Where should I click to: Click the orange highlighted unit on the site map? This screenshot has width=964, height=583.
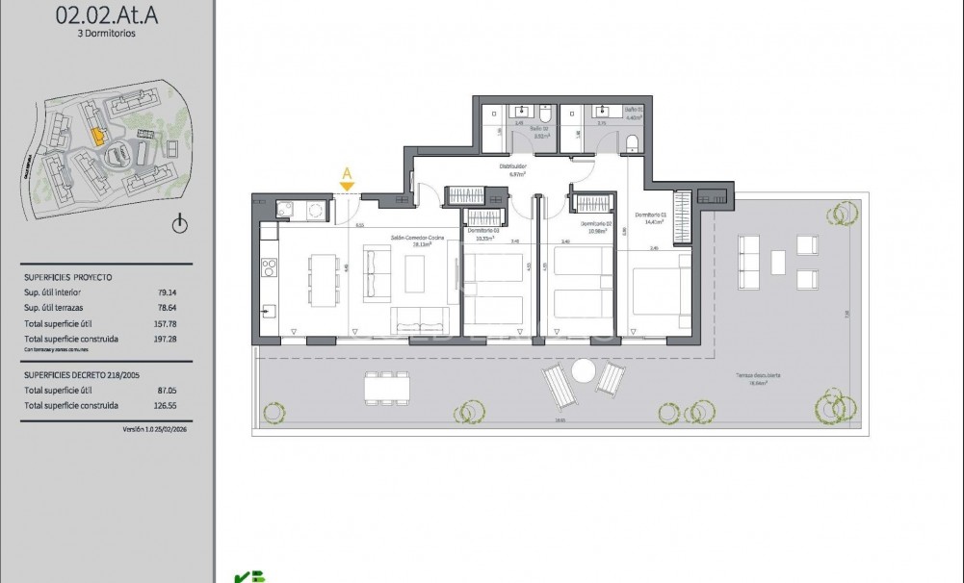(96, 137)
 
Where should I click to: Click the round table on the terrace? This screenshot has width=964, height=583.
(585, 371)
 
